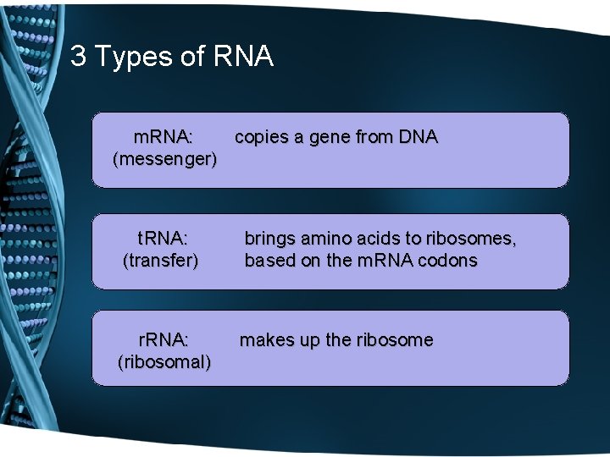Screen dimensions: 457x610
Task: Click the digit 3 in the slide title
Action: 78,57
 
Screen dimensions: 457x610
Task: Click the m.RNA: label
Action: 164,136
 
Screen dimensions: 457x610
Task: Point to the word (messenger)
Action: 164,158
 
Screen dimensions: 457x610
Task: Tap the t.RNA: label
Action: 162,239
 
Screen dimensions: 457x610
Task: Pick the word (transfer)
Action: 161,260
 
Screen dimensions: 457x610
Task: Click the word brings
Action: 269,239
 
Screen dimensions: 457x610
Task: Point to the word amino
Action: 326,239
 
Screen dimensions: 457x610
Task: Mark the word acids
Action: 380,239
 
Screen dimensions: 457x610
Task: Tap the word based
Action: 269,260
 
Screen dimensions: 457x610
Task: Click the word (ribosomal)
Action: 164,362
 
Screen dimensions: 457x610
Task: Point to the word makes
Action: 264,340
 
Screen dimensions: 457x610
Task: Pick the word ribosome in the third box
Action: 394,340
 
